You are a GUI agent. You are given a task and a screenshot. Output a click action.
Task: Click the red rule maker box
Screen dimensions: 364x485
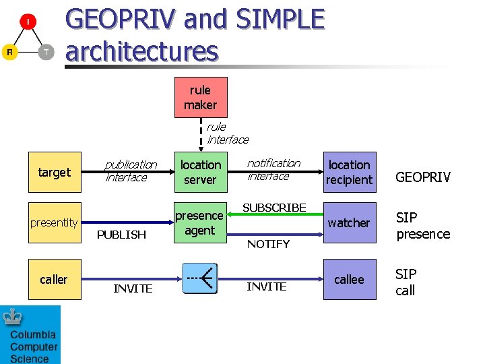pyautogui.click(x=201, y=97)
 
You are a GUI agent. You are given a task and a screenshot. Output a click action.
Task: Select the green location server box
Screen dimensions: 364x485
pyautogui.click(x=201, y=172)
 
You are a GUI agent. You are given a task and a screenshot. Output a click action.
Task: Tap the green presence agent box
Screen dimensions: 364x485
pyautogui.click(x=200, y=223)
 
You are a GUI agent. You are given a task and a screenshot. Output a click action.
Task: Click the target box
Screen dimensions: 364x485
pyautogui.click(x=54, y=172)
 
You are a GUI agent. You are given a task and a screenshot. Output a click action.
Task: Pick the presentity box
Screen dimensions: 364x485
pyautogui.click(x=54, y=222)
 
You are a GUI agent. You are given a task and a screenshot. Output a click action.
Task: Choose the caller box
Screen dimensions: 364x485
pyautogui.click(x=54, y=279)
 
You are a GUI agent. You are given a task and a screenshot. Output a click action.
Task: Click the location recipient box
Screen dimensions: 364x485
pyautogui.click(x=349, y=172)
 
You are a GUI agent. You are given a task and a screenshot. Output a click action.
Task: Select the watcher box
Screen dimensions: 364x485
pyautogui.click(x=349, y=222)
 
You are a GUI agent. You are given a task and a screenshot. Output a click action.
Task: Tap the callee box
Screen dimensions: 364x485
pyautogui.click(x=349, y=279)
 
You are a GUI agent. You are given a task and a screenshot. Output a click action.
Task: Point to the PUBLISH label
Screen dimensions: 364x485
pyautogui.click(x=121, y=235)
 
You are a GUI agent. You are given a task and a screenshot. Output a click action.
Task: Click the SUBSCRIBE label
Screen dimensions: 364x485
pyautogui.click(x=274, y=208)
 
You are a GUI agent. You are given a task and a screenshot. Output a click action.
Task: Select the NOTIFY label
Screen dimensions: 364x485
pyautogui.click(x=268, y=244)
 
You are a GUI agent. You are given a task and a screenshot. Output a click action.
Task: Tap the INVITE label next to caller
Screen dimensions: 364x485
pyautogui.click(x=133, y=289)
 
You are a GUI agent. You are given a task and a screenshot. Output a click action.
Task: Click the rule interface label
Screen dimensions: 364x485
pyautogui.click(x=226, y=133)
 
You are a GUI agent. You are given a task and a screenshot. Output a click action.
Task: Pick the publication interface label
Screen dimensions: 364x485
pyautogui.click(x=130, y=171)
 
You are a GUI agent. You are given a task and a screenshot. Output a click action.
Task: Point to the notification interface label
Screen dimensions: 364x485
pyautogui.click(x=273, y=169)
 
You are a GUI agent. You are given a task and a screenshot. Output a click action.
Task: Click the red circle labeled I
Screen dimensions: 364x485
pyautogui.click(x=28, y=23)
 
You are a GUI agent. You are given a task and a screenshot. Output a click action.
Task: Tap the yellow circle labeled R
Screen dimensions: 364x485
pyautogui.click(x=9, y=52)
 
